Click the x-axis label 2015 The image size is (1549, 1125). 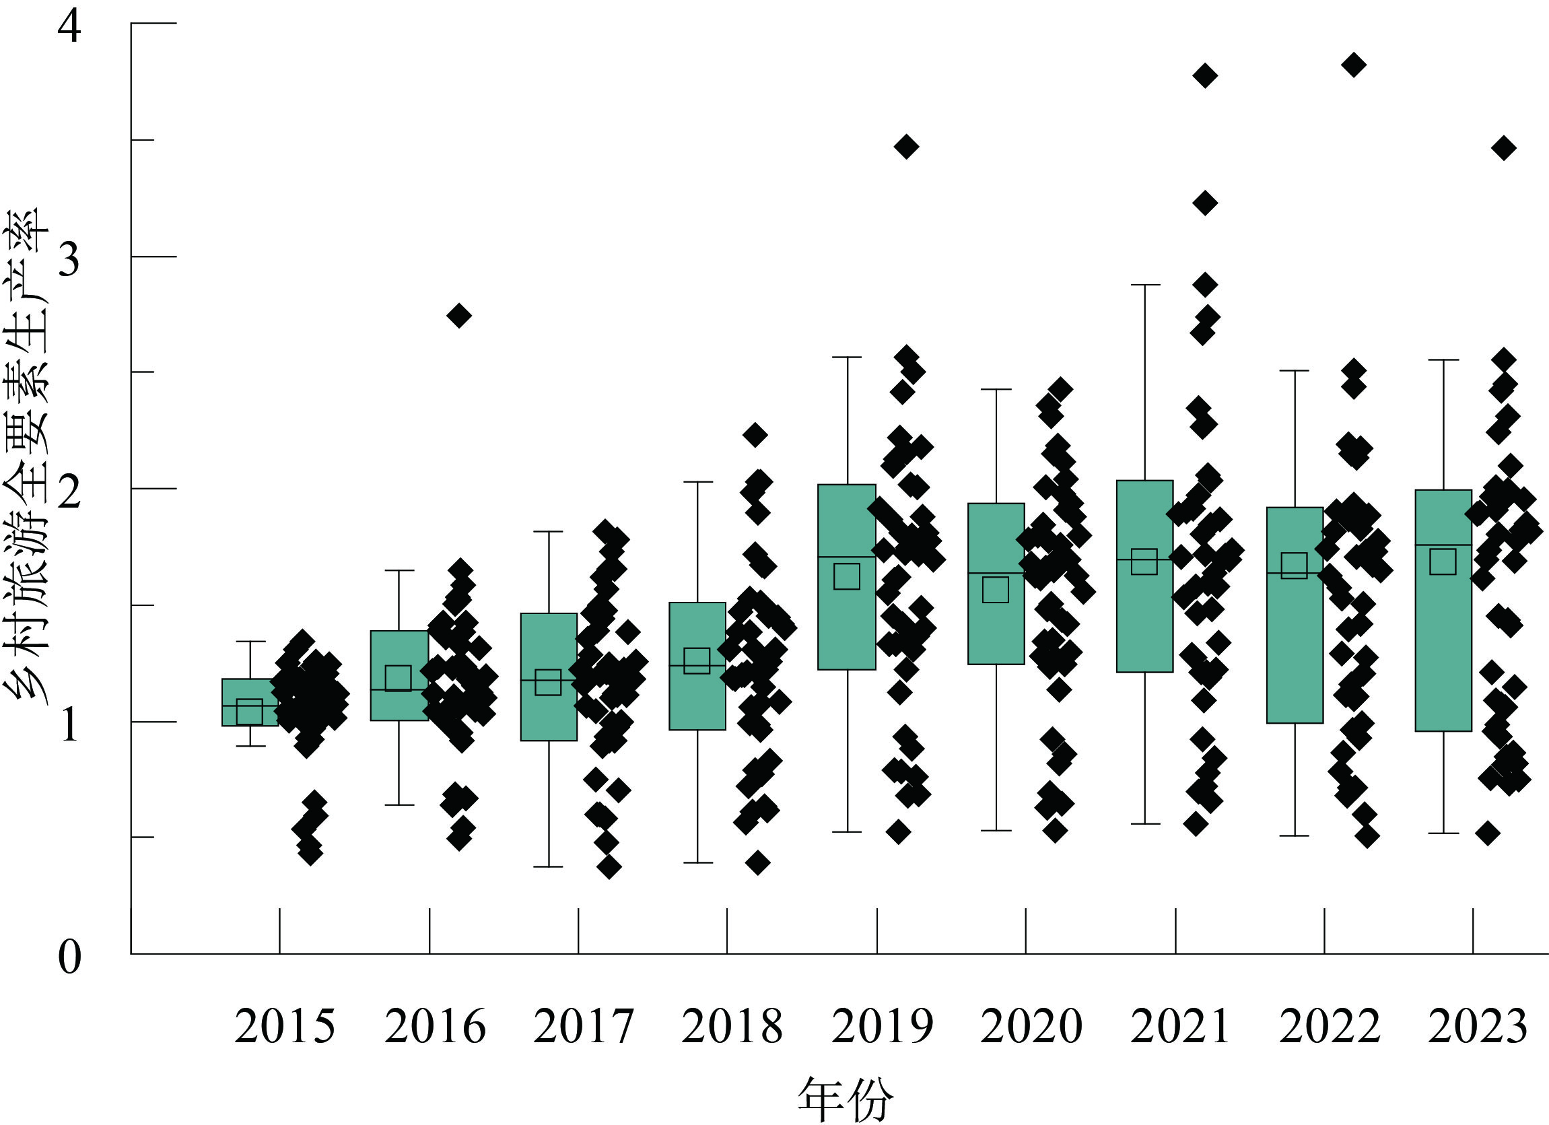(x=285, y=1027)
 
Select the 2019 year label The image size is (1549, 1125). (x=882, y=1027)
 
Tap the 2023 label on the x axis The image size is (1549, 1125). (x=1477, y=1027)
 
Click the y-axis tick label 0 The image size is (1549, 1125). (x=69, y=957)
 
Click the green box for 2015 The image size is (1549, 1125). (x=250, y=702)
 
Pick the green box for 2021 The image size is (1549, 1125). (x=1144, y=576)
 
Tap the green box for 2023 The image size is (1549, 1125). (x=1443, y=610)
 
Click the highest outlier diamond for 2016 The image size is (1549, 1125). (x=459, y=316)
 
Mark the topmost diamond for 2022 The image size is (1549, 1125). (x=1354, y=65)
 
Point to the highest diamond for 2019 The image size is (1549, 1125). (x=906, y=146)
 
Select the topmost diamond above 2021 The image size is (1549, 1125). (x=1205, y=75)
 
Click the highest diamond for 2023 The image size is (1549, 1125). (x=1504, y=147)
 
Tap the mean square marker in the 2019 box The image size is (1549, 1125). (x=847, y=576)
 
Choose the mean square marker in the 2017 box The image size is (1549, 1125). (x=548, y=682)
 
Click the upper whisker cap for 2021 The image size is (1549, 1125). (x=1144, y=284)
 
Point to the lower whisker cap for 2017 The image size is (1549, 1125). (x=549, y=866)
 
